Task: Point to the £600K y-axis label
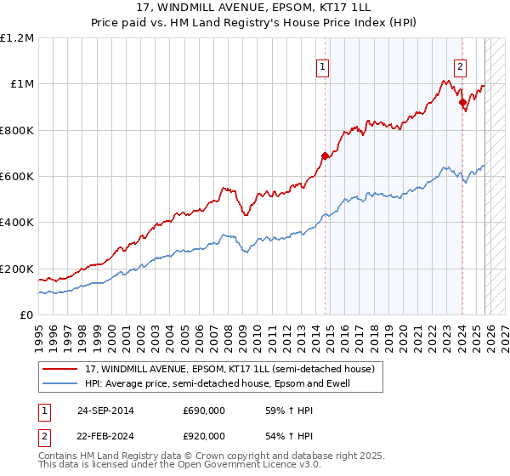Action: pos(17,176)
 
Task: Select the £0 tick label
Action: pos(27,314)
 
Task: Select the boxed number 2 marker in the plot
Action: pos(460,67)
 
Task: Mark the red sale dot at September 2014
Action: pos(325,156)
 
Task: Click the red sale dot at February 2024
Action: pos(462,103)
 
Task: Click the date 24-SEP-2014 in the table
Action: pos(105,411)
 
